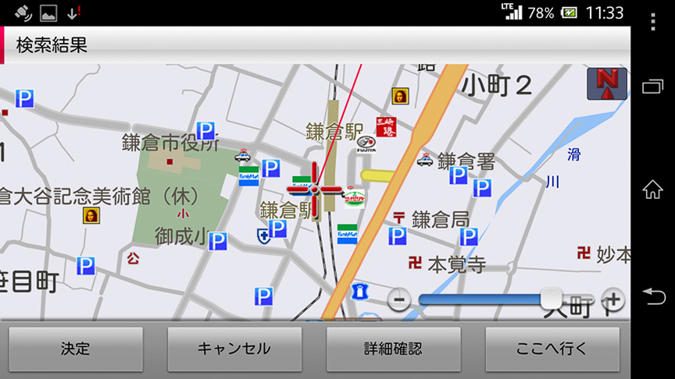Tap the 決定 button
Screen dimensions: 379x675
click(x=76, y=349)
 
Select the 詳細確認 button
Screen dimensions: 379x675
click(x=393, y=349)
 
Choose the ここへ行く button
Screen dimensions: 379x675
click(x=552, y=349)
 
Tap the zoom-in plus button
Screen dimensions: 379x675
click(x=613, y=299)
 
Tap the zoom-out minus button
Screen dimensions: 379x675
click(x=399, y=299)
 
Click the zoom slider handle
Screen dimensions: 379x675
click(x=552, y=298)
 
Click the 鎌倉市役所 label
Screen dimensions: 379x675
click(x=170, y=143)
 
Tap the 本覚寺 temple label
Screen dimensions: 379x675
click(x=456, y=264)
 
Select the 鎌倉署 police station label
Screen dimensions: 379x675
click(x=466, y=161)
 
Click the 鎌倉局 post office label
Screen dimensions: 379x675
click(x=441, y=218)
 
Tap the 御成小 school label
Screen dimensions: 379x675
click(x=180, y=236)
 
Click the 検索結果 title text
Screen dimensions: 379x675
click(x=52, y=45)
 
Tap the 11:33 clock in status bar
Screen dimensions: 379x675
click(x=604, y=12)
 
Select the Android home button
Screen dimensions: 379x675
click(x=652, y=189)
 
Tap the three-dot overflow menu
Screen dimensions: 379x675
click(x=652, y=22)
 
